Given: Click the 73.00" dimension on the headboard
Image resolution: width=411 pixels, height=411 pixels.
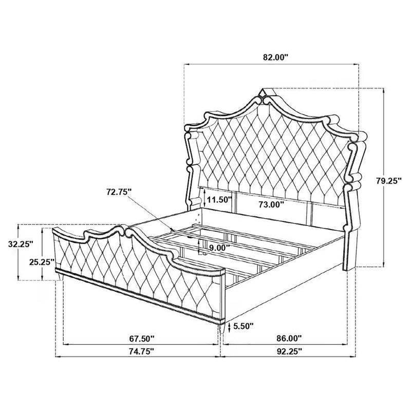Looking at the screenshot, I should point(272,203).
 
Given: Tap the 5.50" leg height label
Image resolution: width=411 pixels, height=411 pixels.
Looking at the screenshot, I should point(244,326).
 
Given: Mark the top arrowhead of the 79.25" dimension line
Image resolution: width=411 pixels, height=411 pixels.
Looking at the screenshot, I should point(383,90).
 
